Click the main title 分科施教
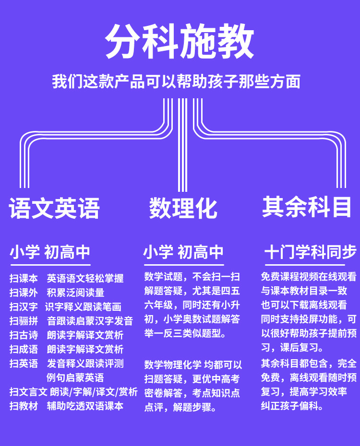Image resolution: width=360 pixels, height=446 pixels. (x=180, y=42)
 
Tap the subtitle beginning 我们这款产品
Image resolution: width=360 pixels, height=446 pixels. (x=176, y=81)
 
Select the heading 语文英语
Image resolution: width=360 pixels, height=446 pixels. (x=54, y=208)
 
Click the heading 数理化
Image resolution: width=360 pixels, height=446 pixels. (x=183, y=208)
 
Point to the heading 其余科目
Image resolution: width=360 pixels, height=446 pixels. (x=307, y=207)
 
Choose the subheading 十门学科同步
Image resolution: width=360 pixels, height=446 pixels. (x=311, y=252)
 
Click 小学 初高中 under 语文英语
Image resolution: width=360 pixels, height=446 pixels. (x=50, y=252)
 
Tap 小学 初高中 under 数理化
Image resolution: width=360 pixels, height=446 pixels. (x=183, y=252)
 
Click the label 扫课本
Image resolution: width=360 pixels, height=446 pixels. (x=24, y=278)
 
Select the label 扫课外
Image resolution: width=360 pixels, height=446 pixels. (x=24, y=293)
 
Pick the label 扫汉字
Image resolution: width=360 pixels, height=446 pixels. (x=24, y=307)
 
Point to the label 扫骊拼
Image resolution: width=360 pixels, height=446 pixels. (x=24, y=321)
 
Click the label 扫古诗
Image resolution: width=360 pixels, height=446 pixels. (x=24, y=335)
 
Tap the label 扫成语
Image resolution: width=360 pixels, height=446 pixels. (x=24, y=349)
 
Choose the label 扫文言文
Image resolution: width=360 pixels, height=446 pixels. (x=28, y=392)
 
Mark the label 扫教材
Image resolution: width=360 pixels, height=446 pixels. (x=24, y=406)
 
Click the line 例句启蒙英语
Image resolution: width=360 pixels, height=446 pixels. (x=75, y=377)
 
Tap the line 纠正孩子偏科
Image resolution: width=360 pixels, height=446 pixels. (x=292, y=406)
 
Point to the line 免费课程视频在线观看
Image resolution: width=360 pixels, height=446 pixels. (x=309, y=277)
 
